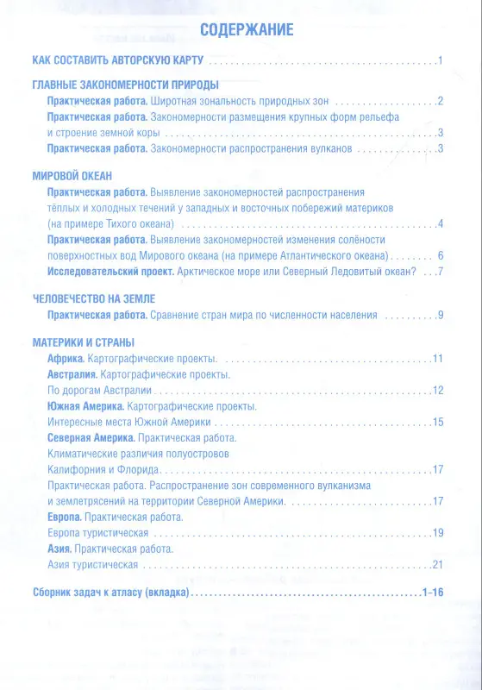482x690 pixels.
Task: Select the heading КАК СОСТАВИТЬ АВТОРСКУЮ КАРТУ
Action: pos(118,61)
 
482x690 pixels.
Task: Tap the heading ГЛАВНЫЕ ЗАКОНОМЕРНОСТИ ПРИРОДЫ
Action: pos(124,85)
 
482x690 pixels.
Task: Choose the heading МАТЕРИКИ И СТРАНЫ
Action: pos(91,341)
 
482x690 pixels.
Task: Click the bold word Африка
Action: pos(66,357)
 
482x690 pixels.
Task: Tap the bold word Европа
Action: pos(65,517)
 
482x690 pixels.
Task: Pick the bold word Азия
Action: pos(59,549)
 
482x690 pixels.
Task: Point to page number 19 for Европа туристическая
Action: pos(437,534)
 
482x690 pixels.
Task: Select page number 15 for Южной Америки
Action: pos(437,422)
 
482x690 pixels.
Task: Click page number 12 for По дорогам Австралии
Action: pos(437,390)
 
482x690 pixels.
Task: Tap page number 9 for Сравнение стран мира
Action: pos(440,315)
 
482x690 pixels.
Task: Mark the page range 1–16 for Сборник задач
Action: pos(431,593)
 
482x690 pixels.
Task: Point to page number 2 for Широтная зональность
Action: pos(440,101)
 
